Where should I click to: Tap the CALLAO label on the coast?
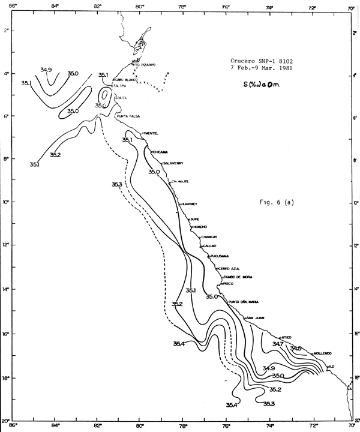(210, 246)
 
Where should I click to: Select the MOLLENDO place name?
(322, 353)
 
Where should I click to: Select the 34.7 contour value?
(278, 344)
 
